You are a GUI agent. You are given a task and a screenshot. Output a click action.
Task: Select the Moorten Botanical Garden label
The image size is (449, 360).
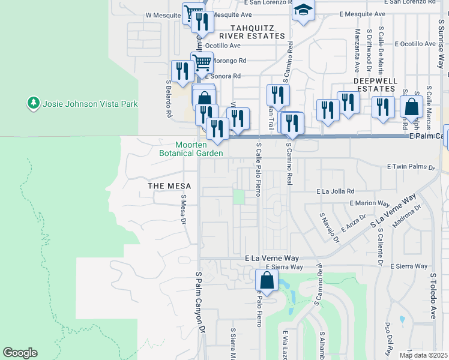point(191,149)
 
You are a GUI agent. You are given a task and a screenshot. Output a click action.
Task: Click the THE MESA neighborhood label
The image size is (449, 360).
point(169,186)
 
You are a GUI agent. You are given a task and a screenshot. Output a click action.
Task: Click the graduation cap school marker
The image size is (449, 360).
point(304,11)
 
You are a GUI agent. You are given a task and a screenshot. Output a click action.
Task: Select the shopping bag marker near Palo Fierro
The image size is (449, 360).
point(267,280)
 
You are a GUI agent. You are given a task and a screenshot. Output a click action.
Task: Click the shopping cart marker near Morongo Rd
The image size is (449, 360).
point(202,61)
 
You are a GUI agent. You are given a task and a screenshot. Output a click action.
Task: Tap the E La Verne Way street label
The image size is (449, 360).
point(272,258)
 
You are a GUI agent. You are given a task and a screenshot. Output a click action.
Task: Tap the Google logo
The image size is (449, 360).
point(20,353)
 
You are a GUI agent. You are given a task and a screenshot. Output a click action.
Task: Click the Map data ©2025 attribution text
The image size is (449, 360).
point(423,355)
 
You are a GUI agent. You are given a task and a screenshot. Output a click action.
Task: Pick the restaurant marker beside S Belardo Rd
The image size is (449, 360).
point(181,71)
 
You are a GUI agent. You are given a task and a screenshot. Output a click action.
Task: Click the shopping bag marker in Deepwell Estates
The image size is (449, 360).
point(411,107)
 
